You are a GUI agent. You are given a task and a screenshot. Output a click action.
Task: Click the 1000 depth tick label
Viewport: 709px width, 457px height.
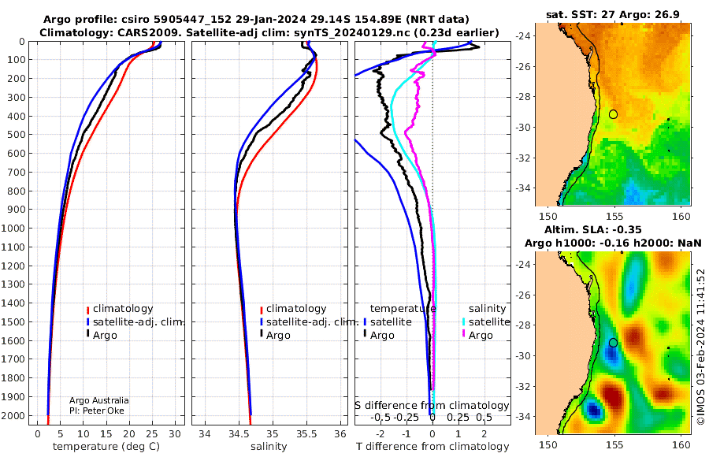click(13, 228)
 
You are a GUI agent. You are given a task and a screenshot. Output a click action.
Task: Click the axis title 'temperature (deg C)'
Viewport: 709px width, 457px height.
click(106, 447)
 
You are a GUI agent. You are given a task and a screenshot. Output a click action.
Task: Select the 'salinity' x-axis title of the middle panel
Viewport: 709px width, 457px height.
click(269, 447)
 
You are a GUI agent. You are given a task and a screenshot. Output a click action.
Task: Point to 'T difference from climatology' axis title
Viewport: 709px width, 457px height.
click(432, 447)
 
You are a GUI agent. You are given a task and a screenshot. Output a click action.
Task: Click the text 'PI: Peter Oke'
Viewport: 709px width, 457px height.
click(97, 411)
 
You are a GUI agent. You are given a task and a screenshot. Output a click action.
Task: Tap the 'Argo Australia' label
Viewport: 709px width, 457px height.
click(99, 400)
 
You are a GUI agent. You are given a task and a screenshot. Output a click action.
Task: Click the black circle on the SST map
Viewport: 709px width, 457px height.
click(613, 114)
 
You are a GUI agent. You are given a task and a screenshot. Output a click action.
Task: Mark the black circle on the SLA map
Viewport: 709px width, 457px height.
click(613, 343)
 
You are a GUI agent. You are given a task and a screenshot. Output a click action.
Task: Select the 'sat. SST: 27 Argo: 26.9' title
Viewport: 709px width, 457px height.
click(613, 14)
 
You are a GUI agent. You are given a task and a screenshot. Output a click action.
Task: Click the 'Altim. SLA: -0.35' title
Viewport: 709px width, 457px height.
click(592, 229)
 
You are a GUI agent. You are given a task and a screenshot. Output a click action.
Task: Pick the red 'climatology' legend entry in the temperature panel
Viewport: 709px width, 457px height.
click(120, 309)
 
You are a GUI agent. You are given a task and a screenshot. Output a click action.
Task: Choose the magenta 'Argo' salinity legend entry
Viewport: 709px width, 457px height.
click(477, 336)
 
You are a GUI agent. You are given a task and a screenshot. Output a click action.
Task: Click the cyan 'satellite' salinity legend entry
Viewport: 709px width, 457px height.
click(485, 321)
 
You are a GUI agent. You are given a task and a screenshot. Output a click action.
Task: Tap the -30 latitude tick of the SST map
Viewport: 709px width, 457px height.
click(524, 128)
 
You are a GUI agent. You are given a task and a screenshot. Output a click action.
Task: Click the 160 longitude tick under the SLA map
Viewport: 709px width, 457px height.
click(681, 444)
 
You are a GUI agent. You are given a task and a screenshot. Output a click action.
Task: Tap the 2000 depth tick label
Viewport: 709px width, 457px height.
click(13, 416)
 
